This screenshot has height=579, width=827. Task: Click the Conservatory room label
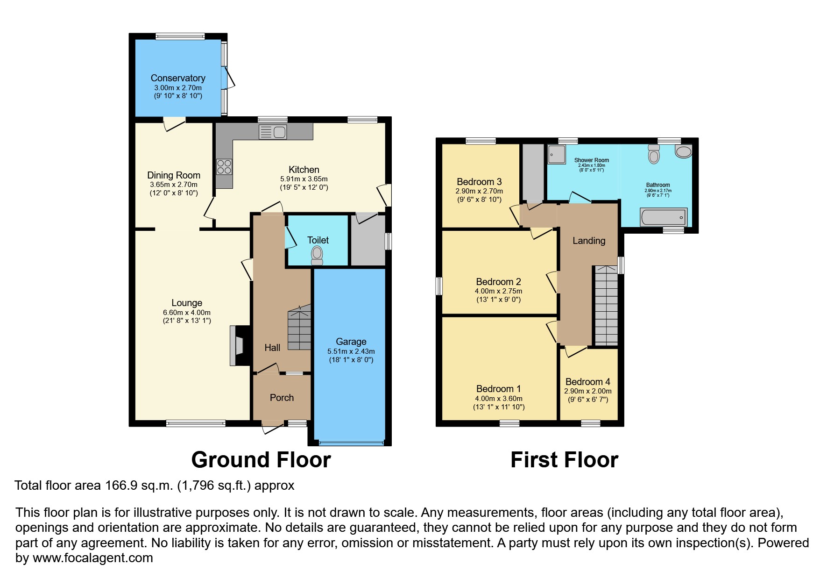click(x=177, y=78)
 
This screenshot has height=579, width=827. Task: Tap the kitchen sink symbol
click(x=273, y=132)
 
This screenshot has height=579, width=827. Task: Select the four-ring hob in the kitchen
click(x=224, y=167)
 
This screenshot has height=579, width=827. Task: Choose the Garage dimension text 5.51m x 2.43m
click(x=351, y=351)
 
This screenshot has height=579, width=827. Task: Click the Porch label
click(x=282, y=398)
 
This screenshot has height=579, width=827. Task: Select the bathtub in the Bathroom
click(x=664, y=217)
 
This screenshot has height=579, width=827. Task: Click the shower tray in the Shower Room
click(x=556, y=154)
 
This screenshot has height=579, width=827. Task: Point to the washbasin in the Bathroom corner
click(x=683, y=151)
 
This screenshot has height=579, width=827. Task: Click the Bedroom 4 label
click(x=587, y=382)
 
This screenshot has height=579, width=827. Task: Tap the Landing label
click(x=588, y=241)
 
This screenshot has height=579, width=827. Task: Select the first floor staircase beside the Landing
click(x=606, y=306)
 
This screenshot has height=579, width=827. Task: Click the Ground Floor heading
click(x=261, y=460)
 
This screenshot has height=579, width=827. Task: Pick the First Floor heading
click(x=564, y=460)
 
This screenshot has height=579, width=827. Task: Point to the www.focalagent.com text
click(x=92, y=558)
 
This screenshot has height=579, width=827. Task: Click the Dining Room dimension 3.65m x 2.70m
click(x=173, y=185)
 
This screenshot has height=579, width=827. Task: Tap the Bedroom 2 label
click(x=498, y=282)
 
